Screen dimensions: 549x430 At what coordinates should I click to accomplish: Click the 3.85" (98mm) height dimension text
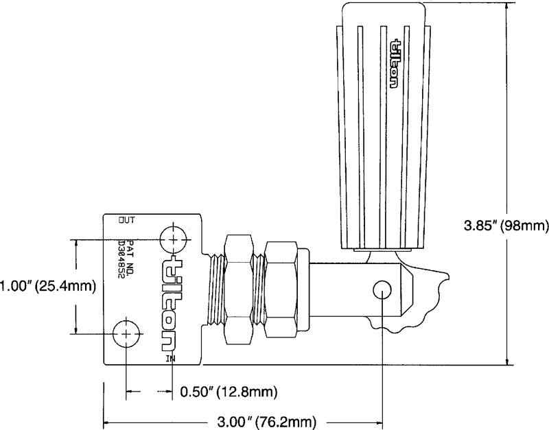(506, 226)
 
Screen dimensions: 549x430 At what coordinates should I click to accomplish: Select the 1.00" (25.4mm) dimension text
(47, 286)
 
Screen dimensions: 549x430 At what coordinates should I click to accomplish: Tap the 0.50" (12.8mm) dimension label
(229, 392)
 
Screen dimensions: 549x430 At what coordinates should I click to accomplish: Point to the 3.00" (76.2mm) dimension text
(267, 421)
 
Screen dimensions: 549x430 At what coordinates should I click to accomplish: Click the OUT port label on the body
(127, 220)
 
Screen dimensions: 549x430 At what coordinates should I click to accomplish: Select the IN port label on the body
(170, 358)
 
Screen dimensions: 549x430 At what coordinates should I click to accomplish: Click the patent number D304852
(122, 259)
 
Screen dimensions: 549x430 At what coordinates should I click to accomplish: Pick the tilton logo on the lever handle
(394, 63)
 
